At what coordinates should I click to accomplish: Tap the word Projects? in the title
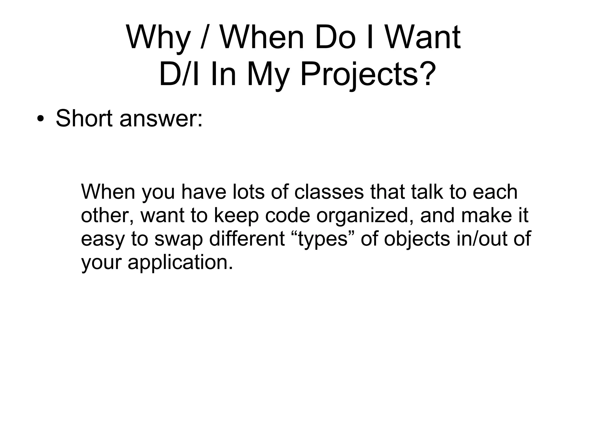pyautogui.click(x=368, y=75)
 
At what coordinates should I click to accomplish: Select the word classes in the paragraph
pyautogui.click(x=329, y=192)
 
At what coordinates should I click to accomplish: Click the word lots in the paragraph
pyautogui.click(x=249, y=192)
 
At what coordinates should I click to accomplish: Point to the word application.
pyautogui.click(x=181, y=263)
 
